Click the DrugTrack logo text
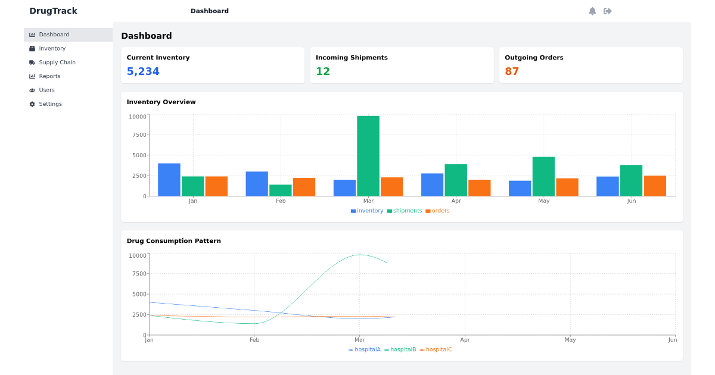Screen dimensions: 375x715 [53, 11]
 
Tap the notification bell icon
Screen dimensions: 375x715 [592, 11]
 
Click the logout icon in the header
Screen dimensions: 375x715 [608, 11]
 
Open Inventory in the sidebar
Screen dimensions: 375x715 [52, 48]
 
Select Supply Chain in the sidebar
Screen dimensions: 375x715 [57, 62]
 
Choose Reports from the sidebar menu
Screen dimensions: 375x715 [49, 76]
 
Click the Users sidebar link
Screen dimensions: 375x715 [46, 90]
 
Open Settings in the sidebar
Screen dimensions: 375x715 [50, 104]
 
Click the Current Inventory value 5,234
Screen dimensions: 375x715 [143, 71]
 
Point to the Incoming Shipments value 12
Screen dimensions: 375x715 [323, 71]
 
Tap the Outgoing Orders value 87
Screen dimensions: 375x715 [512, 71]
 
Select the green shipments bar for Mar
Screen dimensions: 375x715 [368, 156]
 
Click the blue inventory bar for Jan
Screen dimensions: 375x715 [169, 180]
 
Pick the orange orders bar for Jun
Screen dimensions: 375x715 [655, 186]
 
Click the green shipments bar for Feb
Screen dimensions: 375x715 [281, 190]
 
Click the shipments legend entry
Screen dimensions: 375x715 [405, 211]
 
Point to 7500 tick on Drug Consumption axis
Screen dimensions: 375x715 [138, 274]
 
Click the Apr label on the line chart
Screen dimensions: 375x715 [465, 340]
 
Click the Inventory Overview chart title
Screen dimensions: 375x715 [161, 102]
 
